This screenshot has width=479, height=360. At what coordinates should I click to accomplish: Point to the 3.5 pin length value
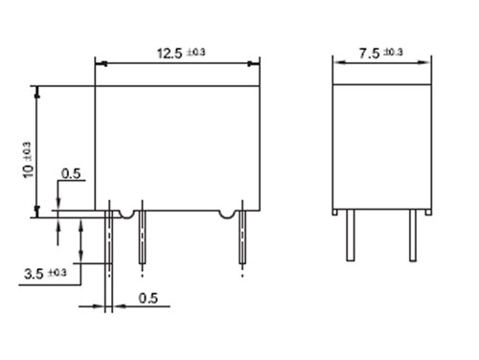[34, 274]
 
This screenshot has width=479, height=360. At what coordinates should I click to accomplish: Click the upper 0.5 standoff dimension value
[71, 173]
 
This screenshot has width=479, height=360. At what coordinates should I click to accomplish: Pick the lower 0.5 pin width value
[147, 297]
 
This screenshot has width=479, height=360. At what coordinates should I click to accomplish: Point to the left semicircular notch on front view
[125, 213]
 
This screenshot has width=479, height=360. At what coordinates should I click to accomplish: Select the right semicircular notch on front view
[226, 213]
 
